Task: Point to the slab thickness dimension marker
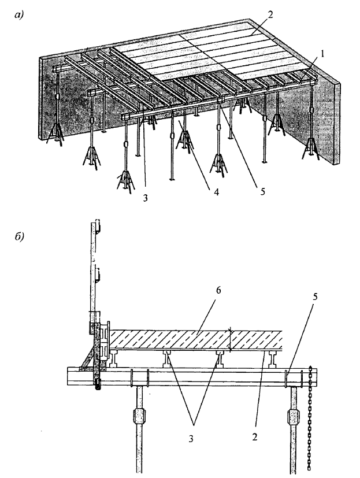tap(231, 339)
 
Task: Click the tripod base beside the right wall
tap(310, 148)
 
